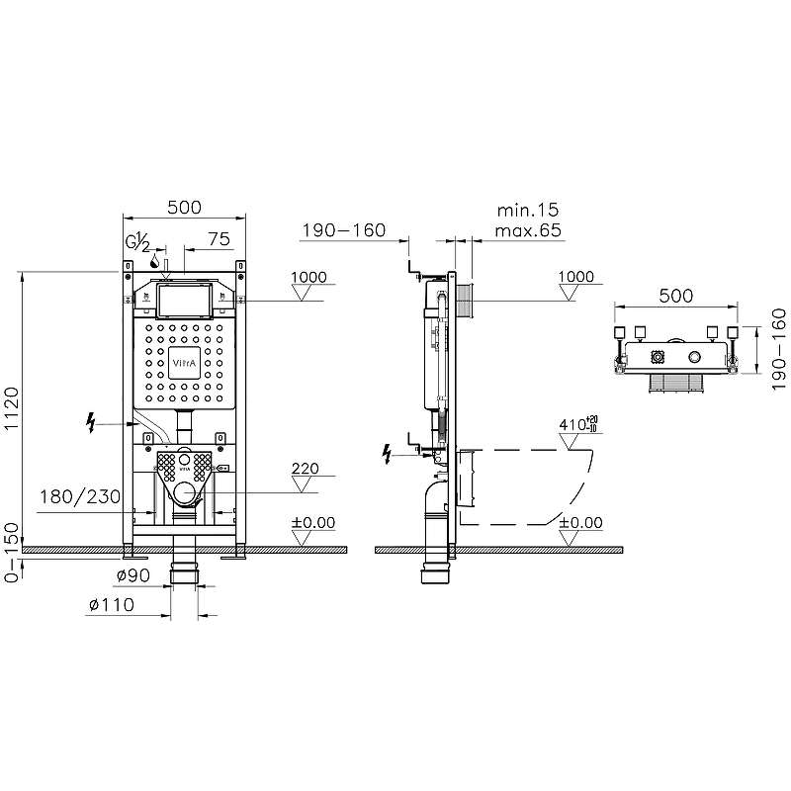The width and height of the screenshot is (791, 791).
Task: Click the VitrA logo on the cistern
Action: [184, 363]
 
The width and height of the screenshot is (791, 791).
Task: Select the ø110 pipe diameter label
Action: [112, 604]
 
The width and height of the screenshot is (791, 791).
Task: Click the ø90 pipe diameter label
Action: [133, 575]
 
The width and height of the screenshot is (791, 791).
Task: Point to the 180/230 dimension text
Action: [80, 497]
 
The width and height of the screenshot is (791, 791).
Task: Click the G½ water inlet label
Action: [137, 242]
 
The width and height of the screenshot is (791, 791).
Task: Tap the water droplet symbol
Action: [155, 261]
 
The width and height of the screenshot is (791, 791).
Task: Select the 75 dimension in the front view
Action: [219, 239]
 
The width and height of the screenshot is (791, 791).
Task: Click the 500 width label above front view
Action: [185, 208]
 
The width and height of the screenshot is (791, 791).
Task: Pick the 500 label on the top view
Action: [676, 296]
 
